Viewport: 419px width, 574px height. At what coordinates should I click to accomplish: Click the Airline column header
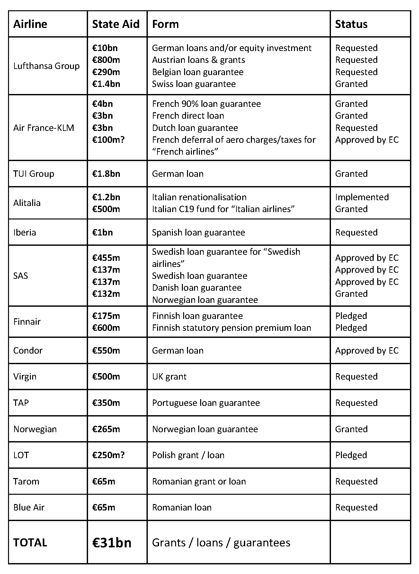(30, 24)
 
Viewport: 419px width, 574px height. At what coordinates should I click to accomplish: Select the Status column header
(351, 24)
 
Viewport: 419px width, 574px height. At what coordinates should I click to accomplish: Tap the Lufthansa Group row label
(46, 66)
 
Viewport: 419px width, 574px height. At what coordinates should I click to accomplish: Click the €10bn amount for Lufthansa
(105, 48)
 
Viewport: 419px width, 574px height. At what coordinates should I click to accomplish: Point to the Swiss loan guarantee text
(194, 84)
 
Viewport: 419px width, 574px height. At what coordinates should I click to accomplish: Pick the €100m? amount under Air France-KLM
(108, 140)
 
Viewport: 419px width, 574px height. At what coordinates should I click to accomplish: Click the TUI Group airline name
(34, 174)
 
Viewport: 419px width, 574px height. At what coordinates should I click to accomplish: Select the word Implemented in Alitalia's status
(362, 197)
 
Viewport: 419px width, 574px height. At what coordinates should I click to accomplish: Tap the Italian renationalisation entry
(199, 197)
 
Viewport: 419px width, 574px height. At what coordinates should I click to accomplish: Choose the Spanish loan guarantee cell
(198, 232)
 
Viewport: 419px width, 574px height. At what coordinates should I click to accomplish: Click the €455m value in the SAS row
(106, 258)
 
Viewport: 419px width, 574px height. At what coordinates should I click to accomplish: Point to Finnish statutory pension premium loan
(231, 328)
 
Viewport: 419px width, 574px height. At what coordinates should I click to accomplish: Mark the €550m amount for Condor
(106, 350)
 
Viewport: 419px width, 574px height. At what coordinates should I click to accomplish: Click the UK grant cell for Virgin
(169, 376)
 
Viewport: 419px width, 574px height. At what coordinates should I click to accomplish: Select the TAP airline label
(21, 403)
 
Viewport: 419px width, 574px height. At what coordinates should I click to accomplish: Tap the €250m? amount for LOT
(108, 455)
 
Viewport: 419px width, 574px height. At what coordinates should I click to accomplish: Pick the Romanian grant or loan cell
(199, 481)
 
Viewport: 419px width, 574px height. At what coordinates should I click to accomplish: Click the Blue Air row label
(29, 507)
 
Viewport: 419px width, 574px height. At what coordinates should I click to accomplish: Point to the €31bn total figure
(112, 543)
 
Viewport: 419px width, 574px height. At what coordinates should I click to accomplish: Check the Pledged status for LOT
(351, 455)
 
